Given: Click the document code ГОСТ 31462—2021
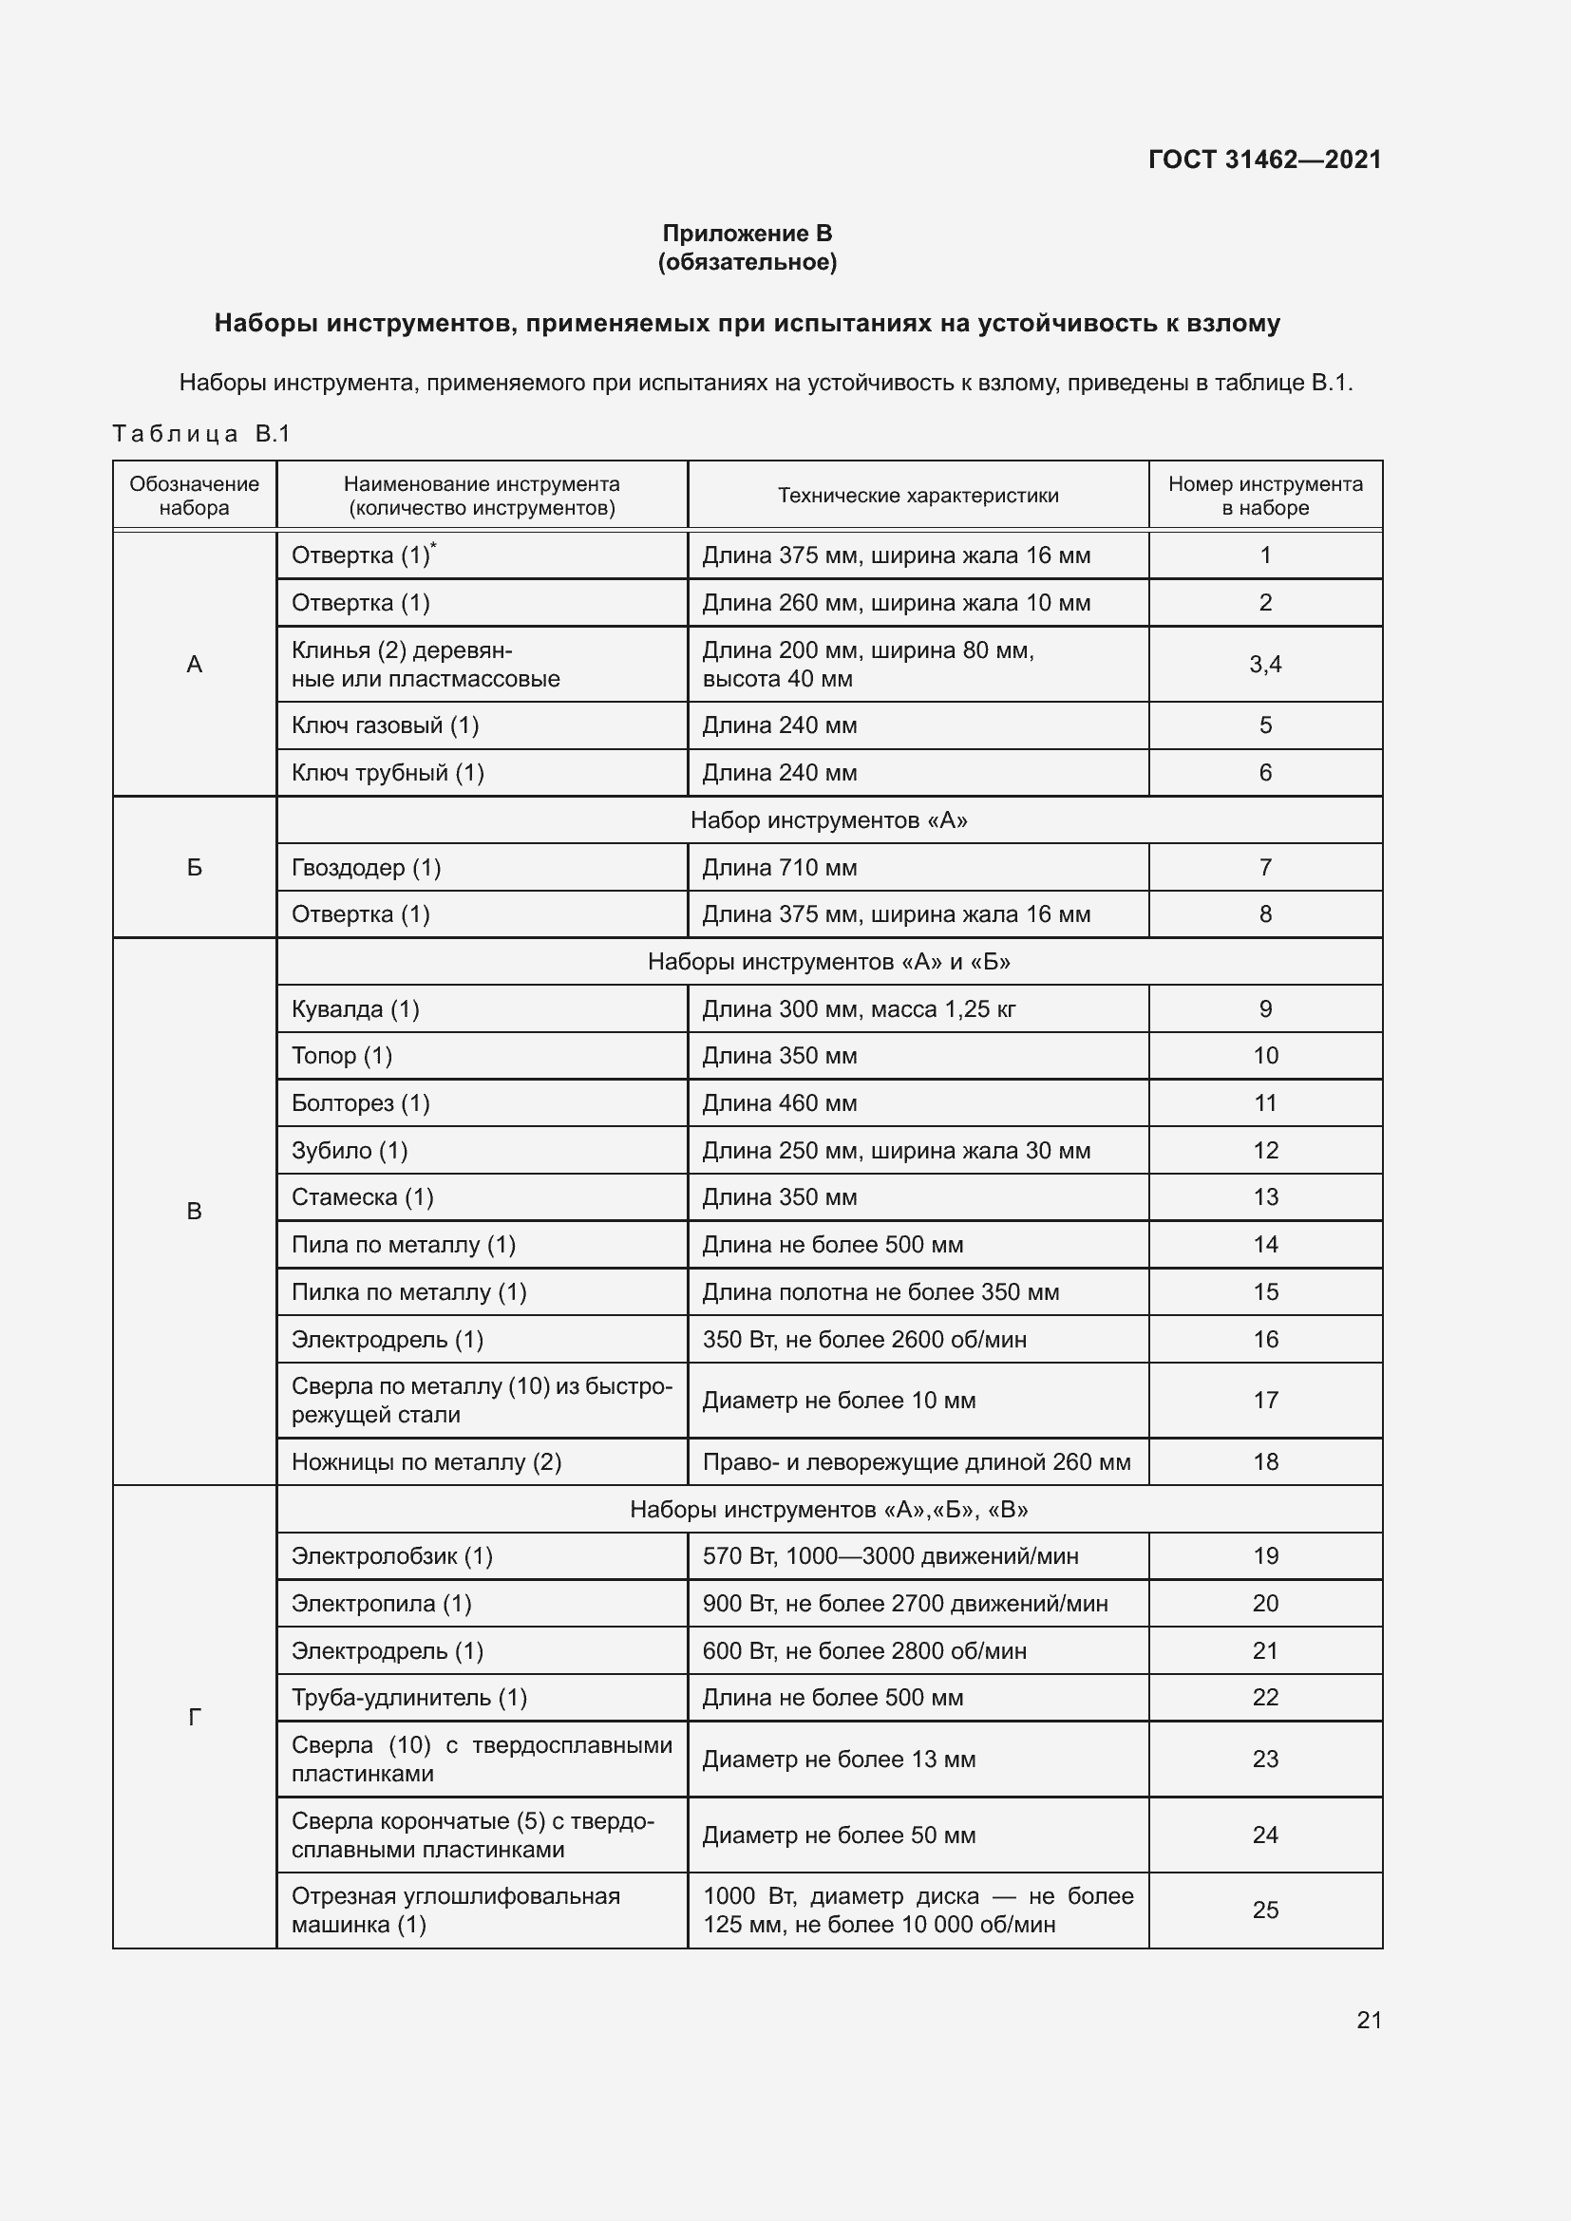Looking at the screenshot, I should tap(1264, 160).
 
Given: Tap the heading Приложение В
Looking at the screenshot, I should tap(747, 234).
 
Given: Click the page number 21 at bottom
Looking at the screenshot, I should tap(1369, 2020).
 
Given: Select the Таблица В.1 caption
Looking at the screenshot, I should tap(201, 433).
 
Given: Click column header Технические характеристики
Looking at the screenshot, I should tap(918, 496).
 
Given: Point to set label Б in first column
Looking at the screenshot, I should tap(195, 868).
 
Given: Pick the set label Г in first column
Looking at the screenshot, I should tap(195, 1717).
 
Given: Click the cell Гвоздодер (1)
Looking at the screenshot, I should tap(366, 868).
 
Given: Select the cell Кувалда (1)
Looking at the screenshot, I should tap(355, 1009).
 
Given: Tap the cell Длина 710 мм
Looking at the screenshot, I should tap(780, 868).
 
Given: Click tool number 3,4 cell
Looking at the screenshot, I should tap(1264, 664).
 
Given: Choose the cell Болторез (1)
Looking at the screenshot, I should tap(360, 1102).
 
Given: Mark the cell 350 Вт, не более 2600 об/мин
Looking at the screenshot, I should tap(863, 1339).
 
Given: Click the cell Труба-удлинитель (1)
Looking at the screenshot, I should tap(409, 1697).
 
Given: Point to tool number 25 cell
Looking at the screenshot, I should tap(1264, 1910).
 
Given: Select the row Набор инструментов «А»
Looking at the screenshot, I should tap(828, 820).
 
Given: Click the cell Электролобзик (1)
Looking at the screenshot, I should tap(391, 1555).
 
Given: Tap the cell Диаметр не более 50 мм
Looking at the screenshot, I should tap(838, 1835).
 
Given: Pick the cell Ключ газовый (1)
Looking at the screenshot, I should tap(385, 725).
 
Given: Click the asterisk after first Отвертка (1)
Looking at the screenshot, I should tap(433, 546).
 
